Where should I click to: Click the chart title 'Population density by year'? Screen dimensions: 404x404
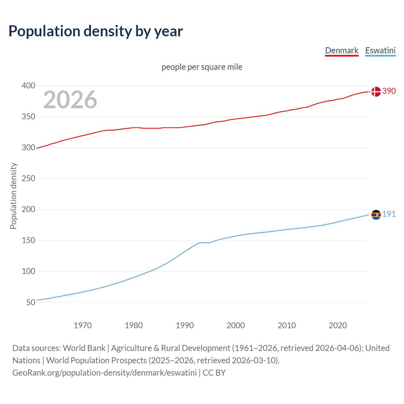click(x=96, y=31)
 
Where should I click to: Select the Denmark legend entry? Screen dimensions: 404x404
click(x=342, y=50)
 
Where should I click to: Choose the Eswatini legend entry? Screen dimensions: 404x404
click(x=380, y=50)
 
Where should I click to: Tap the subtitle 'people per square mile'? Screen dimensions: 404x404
click(x=202, y=67)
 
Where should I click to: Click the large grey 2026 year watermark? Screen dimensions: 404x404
click(x=70, y=100)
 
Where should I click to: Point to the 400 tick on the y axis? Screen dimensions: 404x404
click(x=28, y=86)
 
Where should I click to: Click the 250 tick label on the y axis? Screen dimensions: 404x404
click(x=28, y=179)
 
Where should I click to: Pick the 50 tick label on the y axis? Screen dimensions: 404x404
click(x=31, y=302)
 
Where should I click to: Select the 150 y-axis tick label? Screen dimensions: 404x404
click(x=28, y=241)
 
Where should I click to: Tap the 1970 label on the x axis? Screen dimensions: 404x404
click(x=83, y=325)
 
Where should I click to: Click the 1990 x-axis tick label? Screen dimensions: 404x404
click(x=185, y=325)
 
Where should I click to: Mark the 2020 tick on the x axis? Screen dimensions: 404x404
click(x=338, y=325)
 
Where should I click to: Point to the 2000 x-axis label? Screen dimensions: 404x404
click(x=236, y=325)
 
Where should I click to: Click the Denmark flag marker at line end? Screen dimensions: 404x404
click(x=376, y=92)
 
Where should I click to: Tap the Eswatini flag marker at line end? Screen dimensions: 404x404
click(x=376, y=215)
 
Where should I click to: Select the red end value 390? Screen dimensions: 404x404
click(x=389, y=91)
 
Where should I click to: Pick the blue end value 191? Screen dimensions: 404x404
click(x=389, y=214)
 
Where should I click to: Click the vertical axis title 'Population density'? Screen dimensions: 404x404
click(x=13, y=196)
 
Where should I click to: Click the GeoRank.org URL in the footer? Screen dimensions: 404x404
click(x=104, y=373)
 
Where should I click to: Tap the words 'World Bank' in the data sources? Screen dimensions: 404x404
click(x=84, y=348)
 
